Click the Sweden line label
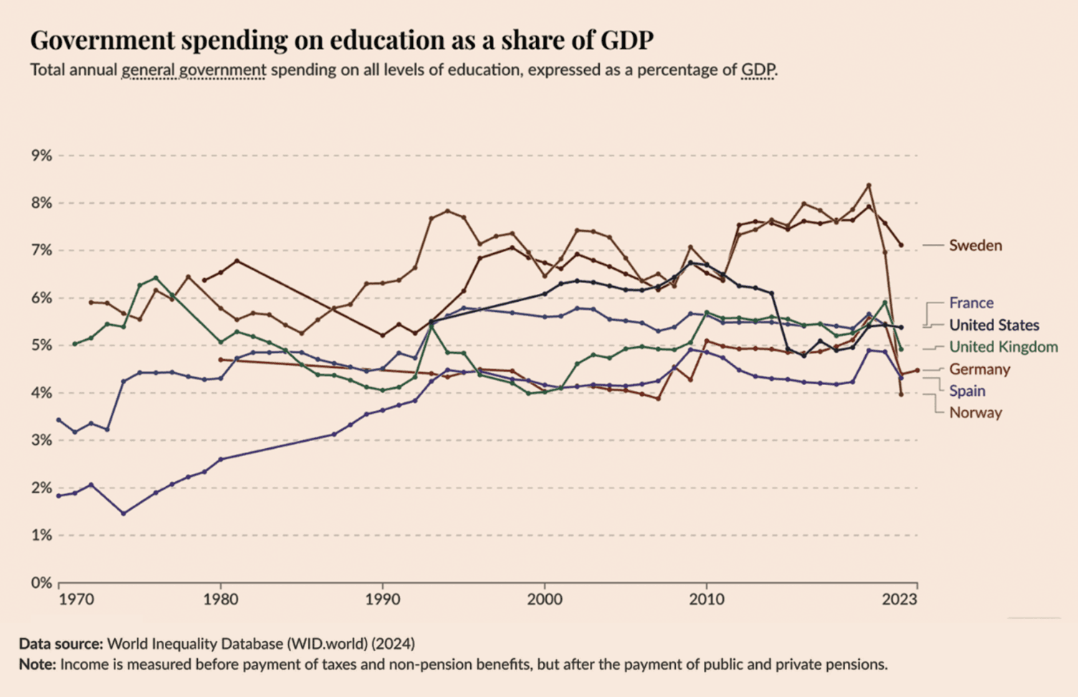point(975,245)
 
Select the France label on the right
point(971,303)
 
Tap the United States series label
point(993,325)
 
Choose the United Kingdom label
point(1003,347)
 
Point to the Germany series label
point(979,369)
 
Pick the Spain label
point(967,391)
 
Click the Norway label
point(975,413)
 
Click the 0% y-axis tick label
point(42,583)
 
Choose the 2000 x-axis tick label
point(545,599)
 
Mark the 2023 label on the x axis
point(899,599)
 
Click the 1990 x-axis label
point(383,599)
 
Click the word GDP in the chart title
point(626,40)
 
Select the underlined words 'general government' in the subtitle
point(194,70)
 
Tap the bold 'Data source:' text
point(61,643)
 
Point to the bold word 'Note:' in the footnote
point(37,664)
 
